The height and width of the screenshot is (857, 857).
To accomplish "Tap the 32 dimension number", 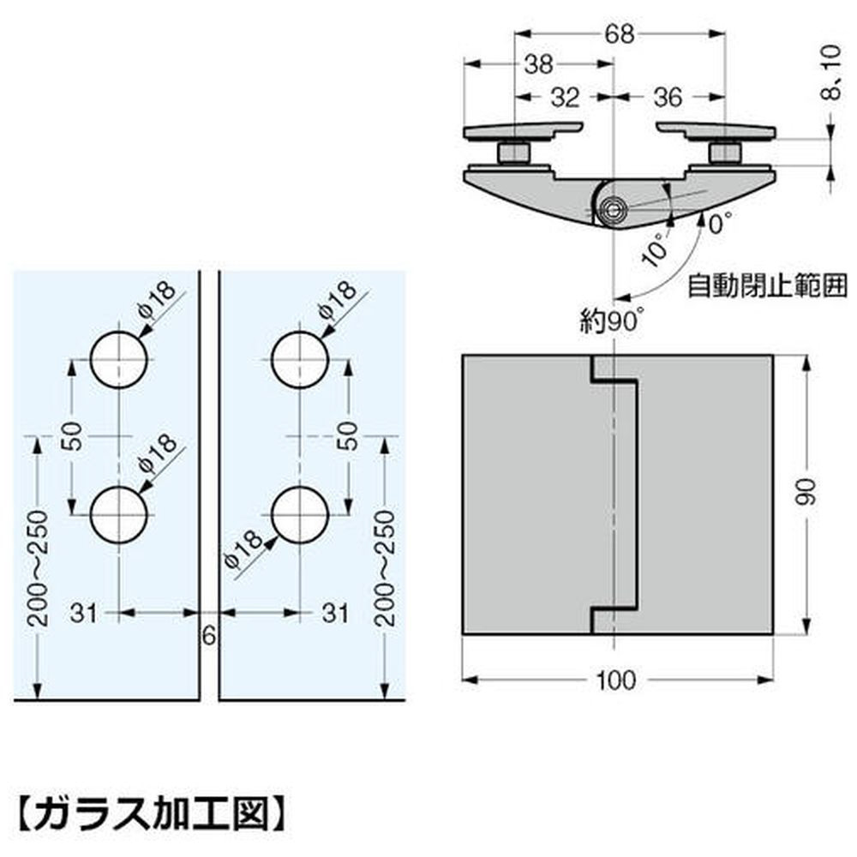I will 566,98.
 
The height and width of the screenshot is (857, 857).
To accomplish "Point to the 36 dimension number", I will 667,98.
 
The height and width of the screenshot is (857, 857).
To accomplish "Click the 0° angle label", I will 719,225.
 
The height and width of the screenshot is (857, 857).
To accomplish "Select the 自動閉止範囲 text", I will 767,285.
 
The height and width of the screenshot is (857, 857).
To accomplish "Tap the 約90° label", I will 611,321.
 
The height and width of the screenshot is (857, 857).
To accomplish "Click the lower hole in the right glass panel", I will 299,516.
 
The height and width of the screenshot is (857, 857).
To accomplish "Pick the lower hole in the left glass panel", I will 119,516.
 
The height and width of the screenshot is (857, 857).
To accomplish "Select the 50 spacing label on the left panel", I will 72,436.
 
